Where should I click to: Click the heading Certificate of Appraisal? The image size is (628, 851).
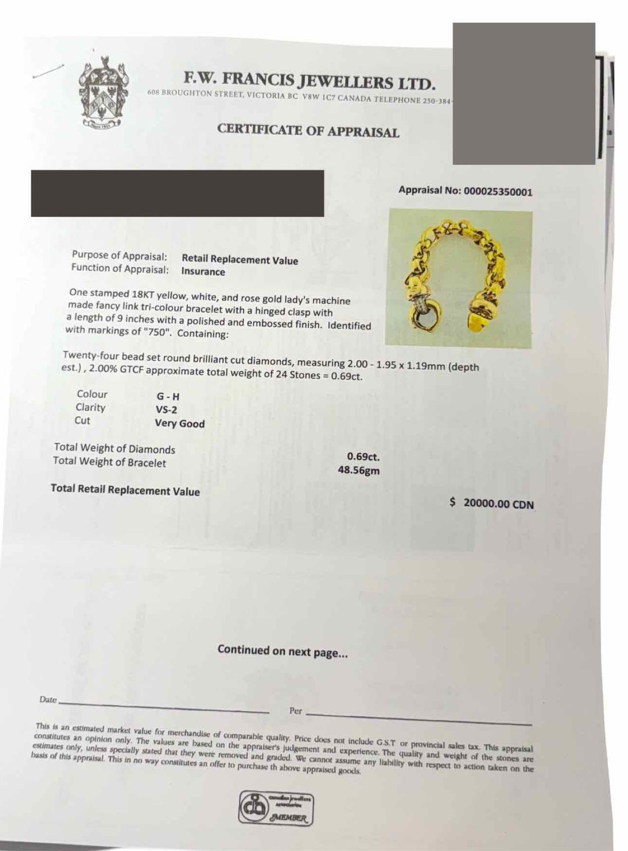(308, 131)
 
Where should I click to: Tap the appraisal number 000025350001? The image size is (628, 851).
(498, 191)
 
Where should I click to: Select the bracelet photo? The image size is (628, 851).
(460, 279)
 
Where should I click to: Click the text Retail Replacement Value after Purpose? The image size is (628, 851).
(240, 260)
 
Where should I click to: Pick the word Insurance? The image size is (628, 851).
(203, 271)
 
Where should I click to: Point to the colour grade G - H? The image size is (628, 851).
(168, 396)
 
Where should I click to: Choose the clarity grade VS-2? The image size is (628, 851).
(167, 410)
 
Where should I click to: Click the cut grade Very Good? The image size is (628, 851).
(180, 423)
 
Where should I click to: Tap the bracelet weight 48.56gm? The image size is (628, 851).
(359, 470)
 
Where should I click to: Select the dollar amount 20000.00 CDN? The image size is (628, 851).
(498, 504)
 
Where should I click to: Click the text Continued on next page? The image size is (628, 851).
(283, 651)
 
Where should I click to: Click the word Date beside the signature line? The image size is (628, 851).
(48, 699)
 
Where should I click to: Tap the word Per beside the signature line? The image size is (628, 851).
(295, 711)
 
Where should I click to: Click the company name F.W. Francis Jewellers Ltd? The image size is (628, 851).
(309, 79)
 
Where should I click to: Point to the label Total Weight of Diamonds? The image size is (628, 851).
(115, 448)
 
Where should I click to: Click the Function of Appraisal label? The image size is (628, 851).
(120, 268)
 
